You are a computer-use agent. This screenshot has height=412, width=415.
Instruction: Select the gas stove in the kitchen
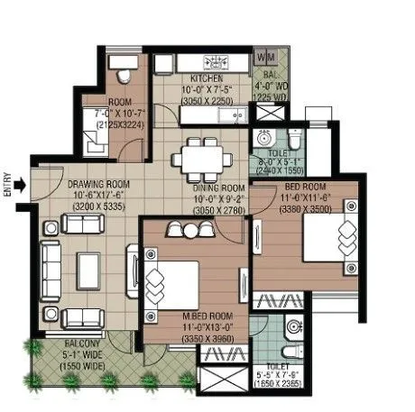coord(217,62)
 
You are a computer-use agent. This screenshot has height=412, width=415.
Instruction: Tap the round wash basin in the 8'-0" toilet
coord(264,140)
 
